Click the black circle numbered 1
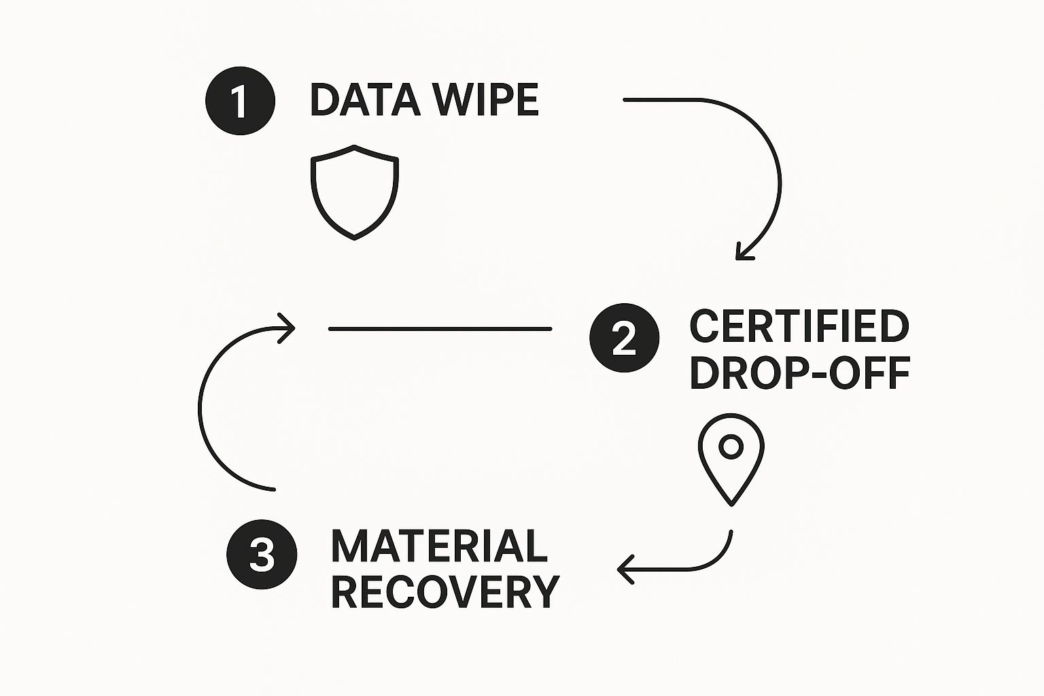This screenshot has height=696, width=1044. click(240, 101)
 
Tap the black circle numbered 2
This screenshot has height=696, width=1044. click(624, 338)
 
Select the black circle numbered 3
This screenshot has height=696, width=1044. click(262, 554)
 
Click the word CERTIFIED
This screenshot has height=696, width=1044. click(799, 327)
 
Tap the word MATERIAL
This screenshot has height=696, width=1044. click(439, 546)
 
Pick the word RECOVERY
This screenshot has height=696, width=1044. click(445, 591)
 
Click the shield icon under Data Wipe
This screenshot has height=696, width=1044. click(354, 192)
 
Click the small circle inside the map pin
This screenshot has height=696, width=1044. click(731, 447)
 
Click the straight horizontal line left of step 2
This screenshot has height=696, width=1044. click(440, 329)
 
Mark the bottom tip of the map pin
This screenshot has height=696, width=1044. click(731, 504)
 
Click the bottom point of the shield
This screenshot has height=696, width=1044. click(354, 238)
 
